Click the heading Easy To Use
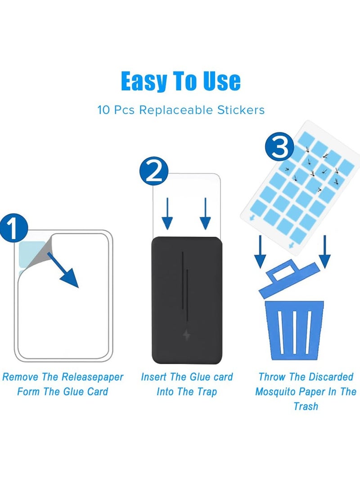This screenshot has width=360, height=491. click(180, 81)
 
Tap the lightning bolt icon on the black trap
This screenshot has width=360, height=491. click(186, 335)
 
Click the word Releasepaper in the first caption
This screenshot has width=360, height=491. click(92, 377)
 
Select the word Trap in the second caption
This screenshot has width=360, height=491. click(206, 392)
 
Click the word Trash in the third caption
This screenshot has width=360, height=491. click(306, 406)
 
